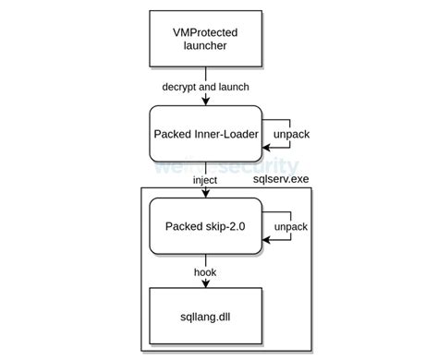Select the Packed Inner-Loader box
(204, 134)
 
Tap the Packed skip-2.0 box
(204, 225)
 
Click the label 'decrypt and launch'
(204, 87)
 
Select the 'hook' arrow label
(204, 271)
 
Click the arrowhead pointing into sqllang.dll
(204, 286)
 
